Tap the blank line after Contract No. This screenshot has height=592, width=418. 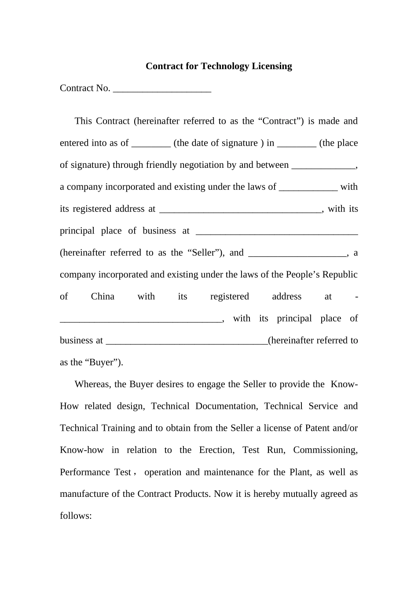pos(162,89)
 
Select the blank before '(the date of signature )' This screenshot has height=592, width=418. pos(151,144)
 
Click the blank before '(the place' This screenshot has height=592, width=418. pos(297,144)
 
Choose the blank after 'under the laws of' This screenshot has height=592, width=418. pos(308,188)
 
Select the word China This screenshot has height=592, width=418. pos(103,296)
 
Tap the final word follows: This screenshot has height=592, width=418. pos(76,516)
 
